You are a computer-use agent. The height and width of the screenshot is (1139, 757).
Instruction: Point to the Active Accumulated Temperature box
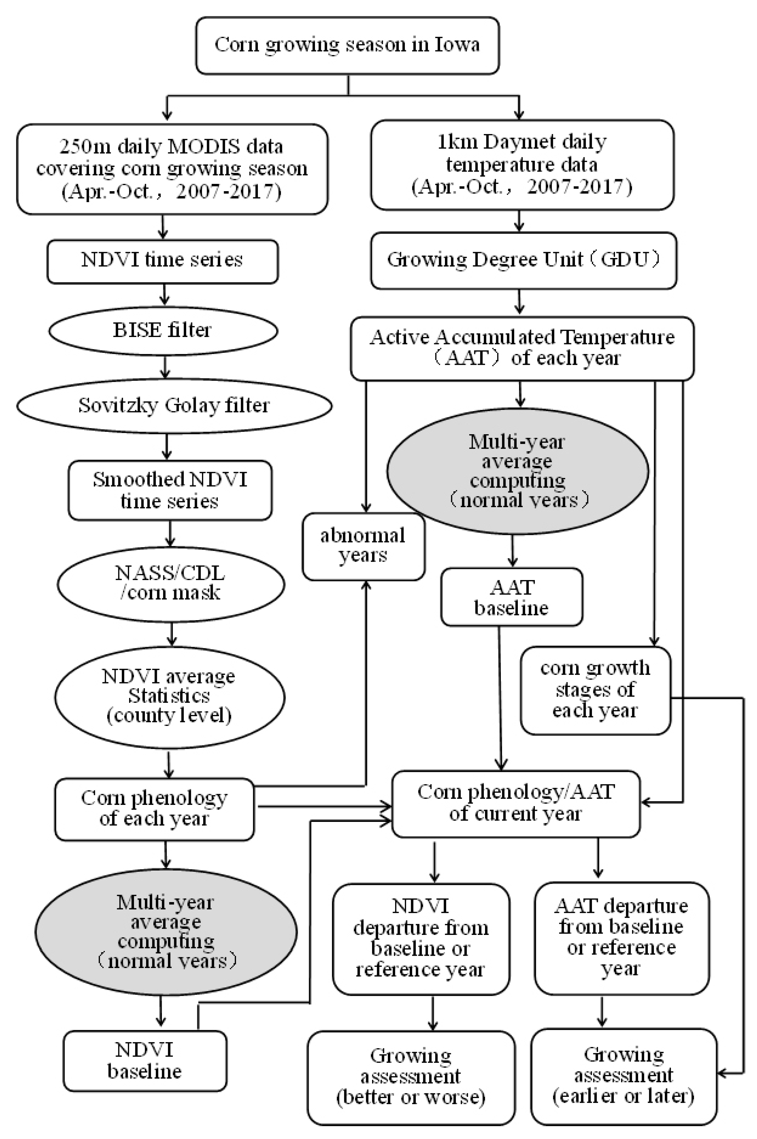(522, 348)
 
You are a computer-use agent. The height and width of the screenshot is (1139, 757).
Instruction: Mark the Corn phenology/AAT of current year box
(515, 803)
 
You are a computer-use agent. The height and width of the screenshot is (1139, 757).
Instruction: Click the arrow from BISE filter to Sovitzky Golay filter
(165, 367)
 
